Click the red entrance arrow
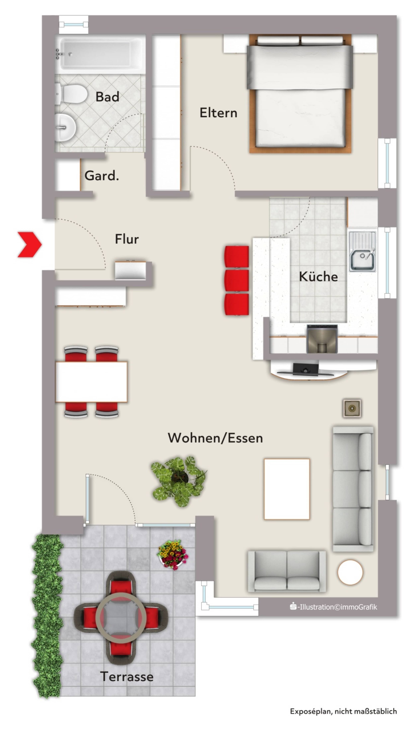coord(30,245)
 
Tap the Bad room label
coord(107,97)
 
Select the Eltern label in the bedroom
coord(218,113)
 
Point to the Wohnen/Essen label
coord(215,438)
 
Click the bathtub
coord(100,54)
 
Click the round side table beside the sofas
coord(350,572)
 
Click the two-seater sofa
coord(287,571)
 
